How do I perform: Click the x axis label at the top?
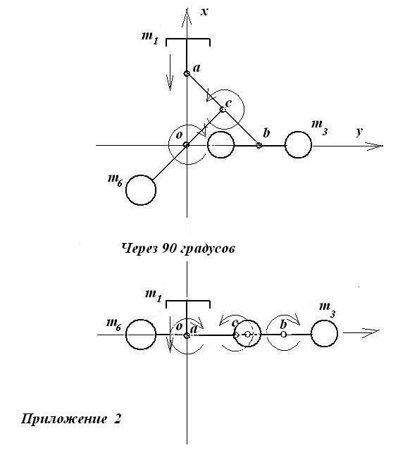point(205,12)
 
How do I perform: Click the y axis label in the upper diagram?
point(359,132)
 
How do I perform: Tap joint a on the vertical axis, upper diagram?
point(187,74)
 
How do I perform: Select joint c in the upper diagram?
point(223,109)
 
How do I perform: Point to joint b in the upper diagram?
point(259,145)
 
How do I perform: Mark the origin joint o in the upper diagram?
point(187,144)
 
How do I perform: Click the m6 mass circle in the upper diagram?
point(141,190)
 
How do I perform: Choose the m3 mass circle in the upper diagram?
point(298,145)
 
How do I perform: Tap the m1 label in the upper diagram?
point(150,38)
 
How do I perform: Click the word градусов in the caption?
point(207,249)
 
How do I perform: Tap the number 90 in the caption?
point(168,248)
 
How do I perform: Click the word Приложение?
point(64,419)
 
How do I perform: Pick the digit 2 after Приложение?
point(117,419)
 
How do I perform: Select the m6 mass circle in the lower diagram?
point(141,335)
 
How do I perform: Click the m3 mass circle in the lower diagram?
point(324,333)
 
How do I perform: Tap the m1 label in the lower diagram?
point(154,297)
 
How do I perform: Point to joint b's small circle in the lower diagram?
point(284,335)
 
